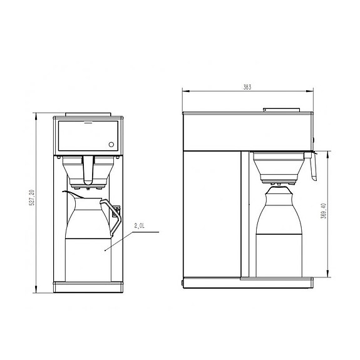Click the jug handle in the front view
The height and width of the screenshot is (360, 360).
[x=112, y=215]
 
